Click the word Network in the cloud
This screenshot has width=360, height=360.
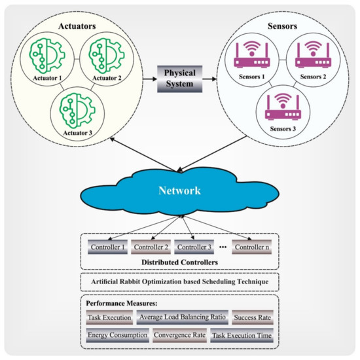point(180,190)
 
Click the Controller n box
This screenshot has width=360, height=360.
point(254,247)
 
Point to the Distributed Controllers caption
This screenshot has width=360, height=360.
point(180,262)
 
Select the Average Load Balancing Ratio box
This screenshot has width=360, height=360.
point(181,318)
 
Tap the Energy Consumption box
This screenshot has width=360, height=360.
point(117,335)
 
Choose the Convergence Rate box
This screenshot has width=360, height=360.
point(180,335)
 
